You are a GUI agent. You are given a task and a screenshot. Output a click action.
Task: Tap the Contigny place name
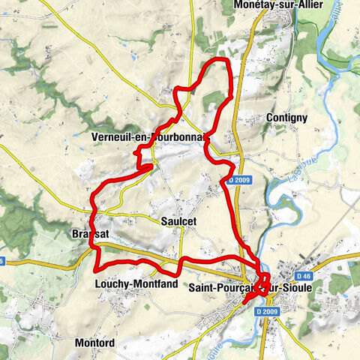pyautogui.click(x=286, y=118)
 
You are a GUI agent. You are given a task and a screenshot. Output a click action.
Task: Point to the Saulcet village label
pyautogui.click(x=178, y=221)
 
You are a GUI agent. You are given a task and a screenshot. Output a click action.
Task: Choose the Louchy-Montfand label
pyautogui.click(x=136, y=285)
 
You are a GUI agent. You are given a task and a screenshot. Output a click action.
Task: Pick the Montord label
pyautogui.click(x=95, y=343)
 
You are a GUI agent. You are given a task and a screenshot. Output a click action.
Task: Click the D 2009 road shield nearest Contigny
pyautogui.click(x=238, y=180)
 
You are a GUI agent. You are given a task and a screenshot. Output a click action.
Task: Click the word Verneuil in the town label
pyautogui.click(x=110, y=138)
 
